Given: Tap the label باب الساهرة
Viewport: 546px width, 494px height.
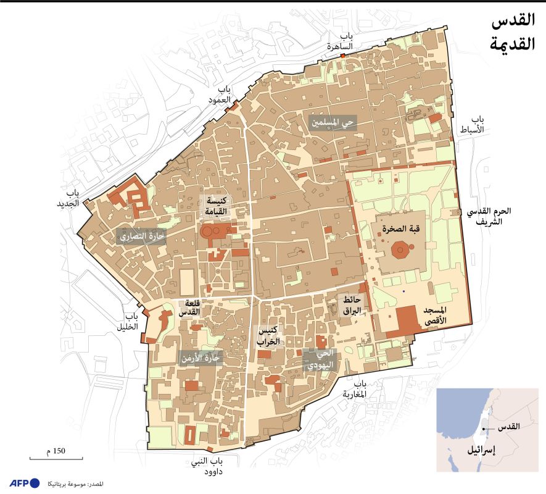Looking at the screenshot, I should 340,41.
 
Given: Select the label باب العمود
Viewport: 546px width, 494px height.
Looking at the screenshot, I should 219,93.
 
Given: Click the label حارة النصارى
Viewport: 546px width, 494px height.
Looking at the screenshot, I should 139,237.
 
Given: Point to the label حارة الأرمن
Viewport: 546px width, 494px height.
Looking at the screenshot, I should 201,357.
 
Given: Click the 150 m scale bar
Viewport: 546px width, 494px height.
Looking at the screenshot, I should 56,457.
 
